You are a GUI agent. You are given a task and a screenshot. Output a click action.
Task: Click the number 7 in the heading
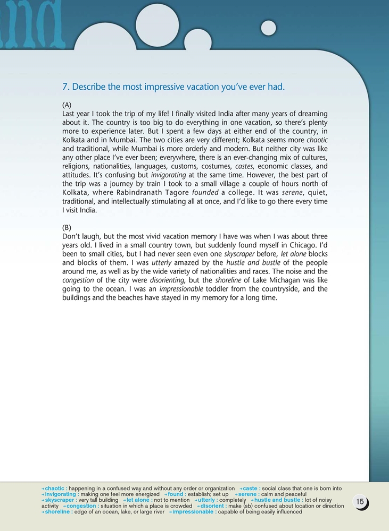65,86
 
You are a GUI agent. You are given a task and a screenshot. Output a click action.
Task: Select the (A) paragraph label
67,105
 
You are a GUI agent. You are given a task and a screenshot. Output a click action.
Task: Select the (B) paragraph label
67,227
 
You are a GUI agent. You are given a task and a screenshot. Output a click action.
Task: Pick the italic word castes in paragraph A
244,166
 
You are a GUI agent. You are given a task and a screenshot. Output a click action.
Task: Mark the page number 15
360,502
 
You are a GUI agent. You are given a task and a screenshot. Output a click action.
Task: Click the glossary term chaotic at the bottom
55,489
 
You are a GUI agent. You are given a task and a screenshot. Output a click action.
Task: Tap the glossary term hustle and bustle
277,500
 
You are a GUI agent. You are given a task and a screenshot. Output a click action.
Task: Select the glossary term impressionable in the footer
193,512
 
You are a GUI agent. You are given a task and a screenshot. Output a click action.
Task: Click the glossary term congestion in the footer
81,506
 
